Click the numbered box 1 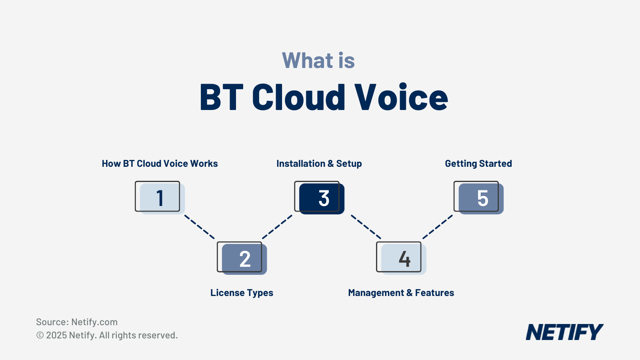pos(159,197)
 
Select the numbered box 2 pos(242,258)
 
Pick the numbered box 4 pos(401,258)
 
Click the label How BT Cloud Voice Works pos(160,164)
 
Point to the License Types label pos(242,293)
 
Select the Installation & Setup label pos(319,164)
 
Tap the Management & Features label pos(401,293)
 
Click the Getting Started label pos(478,164)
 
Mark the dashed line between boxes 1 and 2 pos(200,227)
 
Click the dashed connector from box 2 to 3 pos(277,227)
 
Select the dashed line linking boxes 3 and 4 pos(366,227)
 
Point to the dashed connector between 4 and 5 pos(438,227)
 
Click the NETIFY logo pos(564,332)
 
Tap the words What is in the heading pos(318,61)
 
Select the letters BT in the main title pos(221,98)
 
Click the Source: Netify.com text pos(77,322)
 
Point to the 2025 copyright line pos(107,335)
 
